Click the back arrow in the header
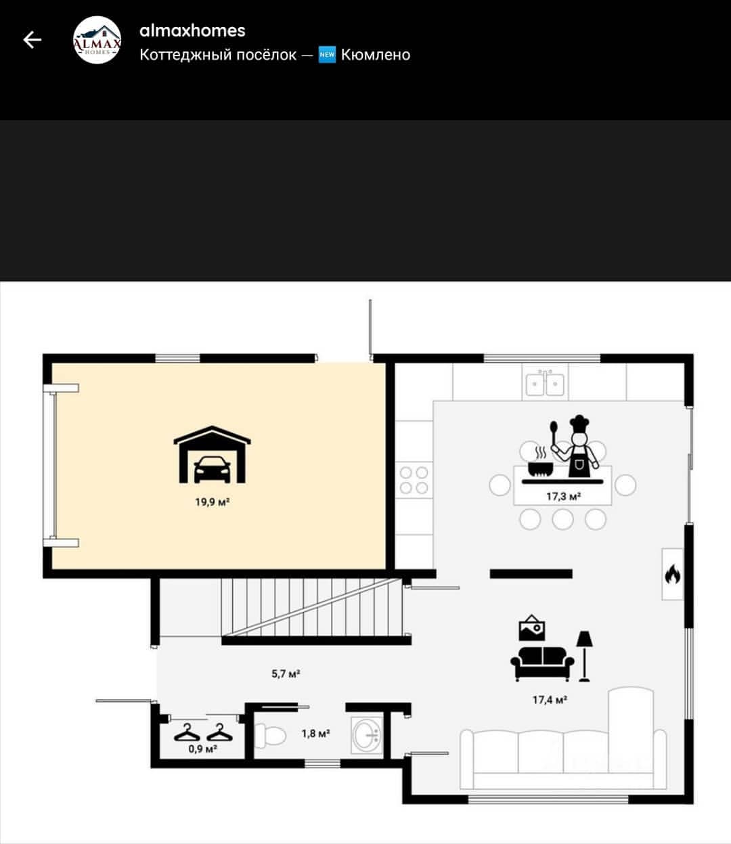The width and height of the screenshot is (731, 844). pyautogui.click(x=32, y=40)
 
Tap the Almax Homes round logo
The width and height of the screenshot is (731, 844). pyautogui.click(x=97, y=40)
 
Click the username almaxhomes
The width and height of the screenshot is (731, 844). pyautogui.click(x=192, y=30)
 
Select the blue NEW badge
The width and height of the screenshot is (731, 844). pyautogui.click(x=327, y=55)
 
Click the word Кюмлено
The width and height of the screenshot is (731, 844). pyautogui.click(x=376, y=55)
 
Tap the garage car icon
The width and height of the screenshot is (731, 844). pyautogui.click(x=213, y=455)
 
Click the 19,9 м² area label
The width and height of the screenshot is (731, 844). pyautogui.click(x=213, y=502)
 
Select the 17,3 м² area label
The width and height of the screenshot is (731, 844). pyautogui.click(x=564, y=497)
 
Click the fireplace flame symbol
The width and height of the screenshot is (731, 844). pyautogui.click(x=673, y=574)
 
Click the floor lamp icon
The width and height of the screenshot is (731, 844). pyautogui.click(x=584, y=656)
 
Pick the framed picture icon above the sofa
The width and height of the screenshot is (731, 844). pyautogui.click(x=532, y=628)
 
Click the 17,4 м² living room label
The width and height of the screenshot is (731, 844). pyautogui.click(x=550, y=701)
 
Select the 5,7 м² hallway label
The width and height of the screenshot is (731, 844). pyautogui.click(x=286, y=673)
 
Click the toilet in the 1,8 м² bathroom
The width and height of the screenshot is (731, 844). pyautogui.click(x=270, y=736)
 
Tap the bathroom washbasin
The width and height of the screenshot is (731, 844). pyautogui.click(x=367, y=736)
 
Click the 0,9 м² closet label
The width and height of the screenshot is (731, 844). pyautogui.click(x=202, y=749)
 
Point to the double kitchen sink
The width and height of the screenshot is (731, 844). pyautogui.click(x=545, y=383)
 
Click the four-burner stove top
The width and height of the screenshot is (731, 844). pyautogui.click(x=414, y=480)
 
